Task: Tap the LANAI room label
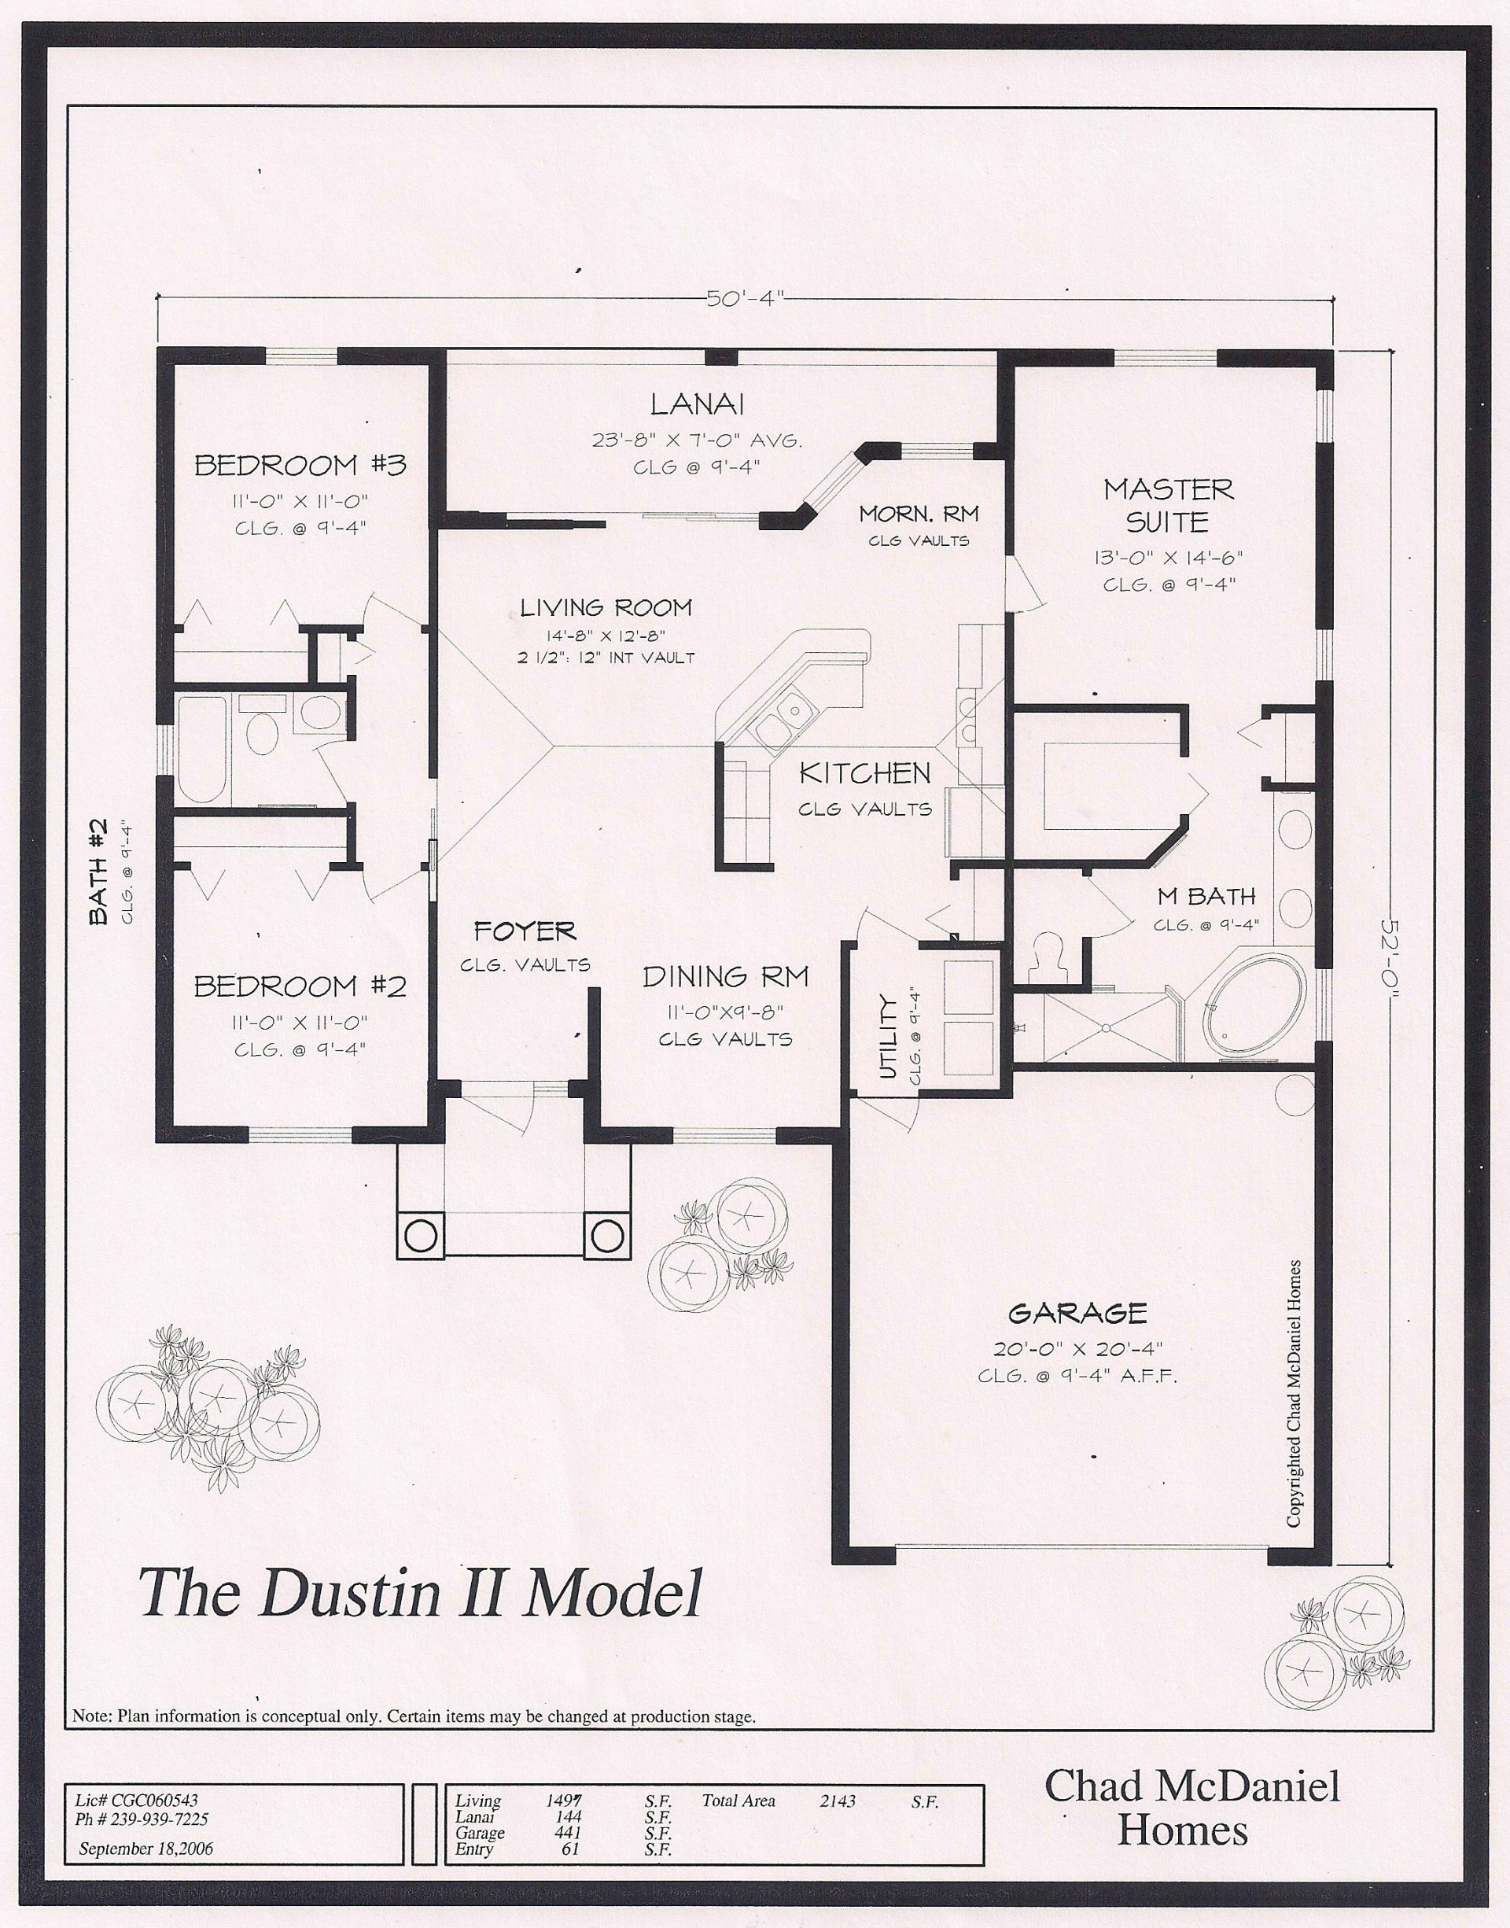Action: tap(697, 405)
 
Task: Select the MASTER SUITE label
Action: tap(1168, 505)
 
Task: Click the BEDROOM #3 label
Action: tap(300, 465)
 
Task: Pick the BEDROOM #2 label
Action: tap(300, 986)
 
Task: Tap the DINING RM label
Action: tap(725, 977)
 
